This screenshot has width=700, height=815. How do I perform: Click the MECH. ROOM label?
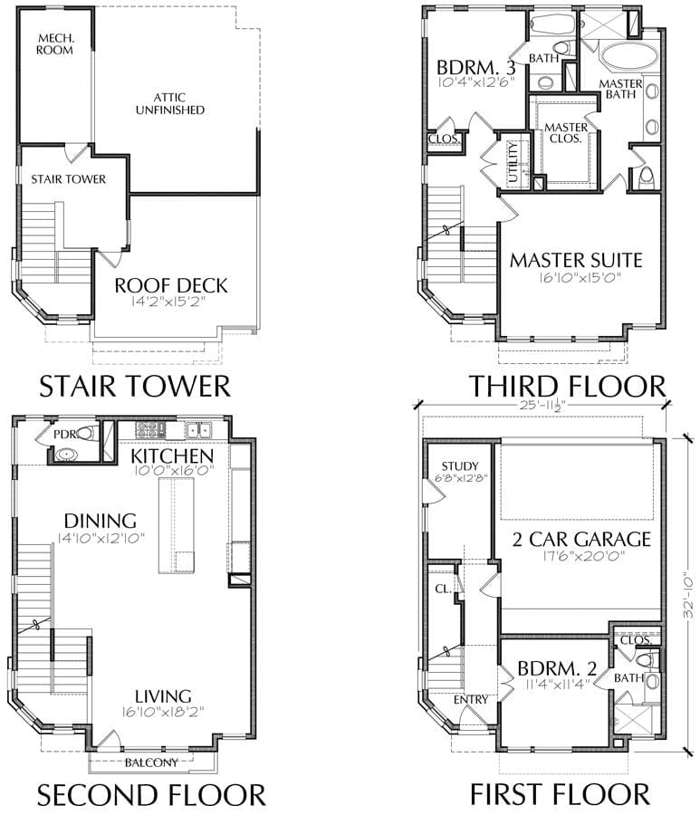pos(54,44)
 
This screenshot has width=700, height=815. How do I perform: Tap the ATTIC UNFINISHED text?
pos(170,103)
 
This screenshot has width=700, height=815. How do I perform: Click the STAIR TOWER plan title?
pos(135,386)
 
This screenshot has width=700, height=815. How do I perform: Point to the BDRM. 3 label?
pos(476,68)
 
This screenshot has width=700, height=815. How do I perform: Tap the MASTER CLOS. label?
pos(566,132)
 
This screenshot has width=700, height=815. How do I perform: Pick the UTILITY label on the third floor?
pos(513,162)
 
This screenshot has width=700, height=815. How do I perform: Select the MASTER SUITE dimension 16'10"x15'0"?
pos(580,278)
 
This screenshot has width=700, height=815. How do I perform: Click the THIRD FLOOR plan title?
pos(568,386)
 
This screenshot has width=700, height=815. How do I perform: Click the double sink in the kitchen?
pos(198,430)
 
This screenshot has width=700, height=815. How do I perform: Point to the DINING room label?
pos(101,521)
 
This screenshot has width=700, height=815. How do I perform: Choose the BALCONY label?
pos(151,762)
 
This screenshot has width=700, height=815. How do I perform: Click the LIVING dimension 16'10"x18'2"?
pos(163,711)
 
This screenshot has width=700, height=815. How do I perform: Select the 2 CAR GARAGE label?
pos(581,539)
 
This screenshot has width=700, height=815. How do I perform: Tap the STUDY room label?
pos(460,466)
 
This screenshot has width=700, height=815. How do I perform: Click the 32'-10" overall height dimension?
pos(688,595)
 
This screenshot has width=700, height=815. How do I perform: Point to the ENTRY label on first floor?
pos(471,700)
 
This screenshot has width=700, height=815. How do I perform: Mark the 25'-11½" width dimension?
pos(542,406)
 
